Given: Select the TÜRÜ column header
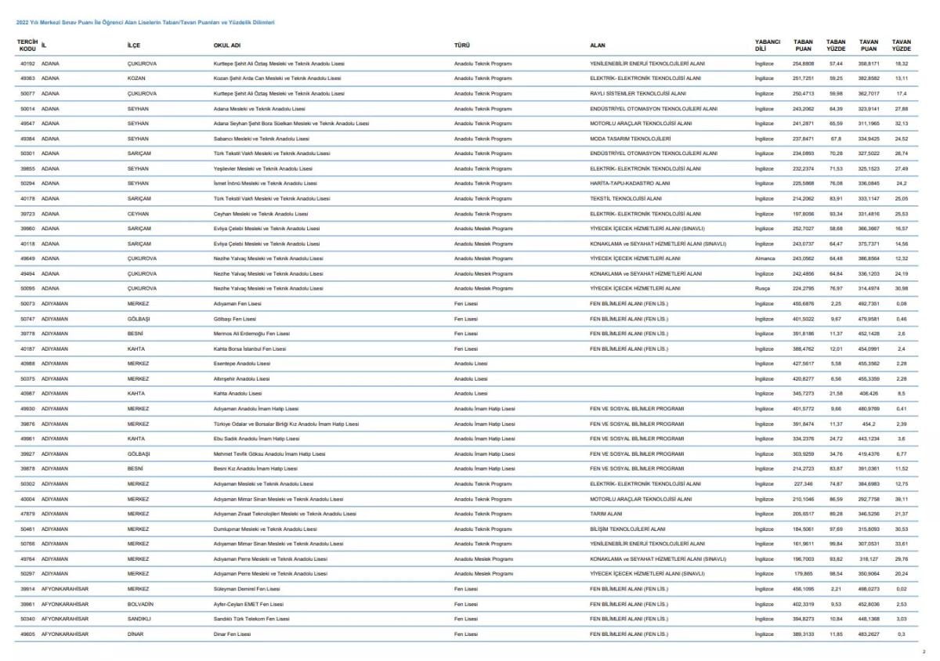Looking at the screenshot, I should coord(462,45).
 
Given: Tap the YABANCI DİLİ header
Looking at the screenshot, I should coord(767,45).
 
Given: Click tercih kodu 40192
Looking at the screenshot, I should coord(27,63).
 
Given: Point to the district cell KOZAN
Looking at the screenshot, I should coord(136,78).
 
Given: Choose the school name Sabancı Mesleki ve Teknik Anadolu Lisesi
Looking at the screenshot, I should coord(258,139).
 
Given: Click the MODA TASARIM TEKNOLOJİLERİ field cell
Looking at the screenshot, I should coord(631,139).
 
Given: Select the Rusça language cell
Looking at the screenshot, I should coord(762,288).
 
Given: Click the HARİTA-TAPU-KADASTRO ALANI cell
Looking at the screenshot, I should coord(630,183).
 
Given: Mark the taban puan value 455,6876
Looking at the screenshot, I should coord(803,303).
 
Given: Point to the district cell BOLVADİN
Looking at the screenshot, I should coord(140,604).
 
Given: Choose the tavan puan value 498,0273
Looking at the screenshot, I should coord(869,589).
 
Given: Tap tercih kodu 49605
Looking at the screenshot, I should coord(27,634).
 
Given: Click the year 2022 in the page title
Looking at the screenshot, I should coord(22,23).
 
